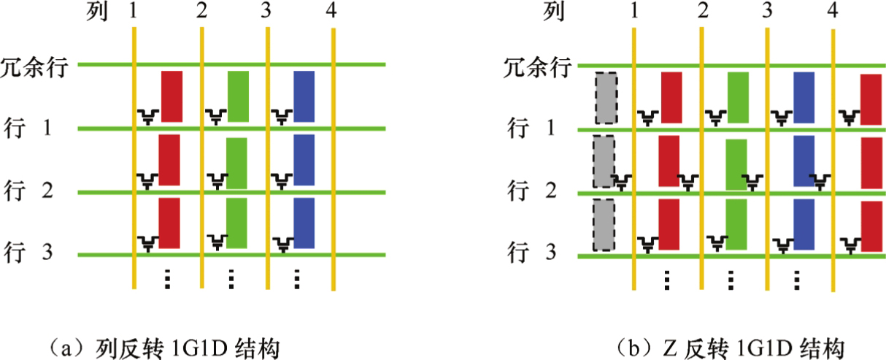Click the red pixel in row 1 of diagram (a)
[172, 96]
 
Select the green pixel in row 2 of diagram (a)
[236, 164]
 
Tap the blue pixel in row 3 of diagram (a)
[304, 223]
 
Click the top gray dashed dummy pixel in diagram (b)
[606, 98]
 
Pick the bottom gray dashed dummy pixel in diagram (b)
[604, 225]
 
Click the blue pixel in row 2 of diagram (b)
[804, 161]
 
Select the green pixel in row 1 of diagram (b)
[738, 97]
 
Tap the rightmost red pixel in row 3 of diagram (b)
[871, 226]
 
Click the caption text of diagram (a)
[163, 348]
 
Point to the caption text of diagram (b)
[731, 348]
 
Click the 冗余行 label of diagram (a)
[34, 67]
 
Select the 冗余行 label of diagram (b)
[538, 67]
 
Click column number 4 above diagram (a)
[331, 10]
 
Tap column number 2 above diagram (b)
[703, 10]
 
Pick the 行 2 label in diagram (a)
[28, 191]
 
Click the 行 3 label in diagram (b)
[532, 252]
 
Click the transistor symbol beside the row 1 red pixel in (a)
[148, 117]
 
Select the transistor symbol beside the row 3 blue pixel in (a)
[283, 245]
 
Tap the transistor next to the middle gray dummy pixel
[621, 183]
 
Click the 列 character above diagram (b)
[553, 11]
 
